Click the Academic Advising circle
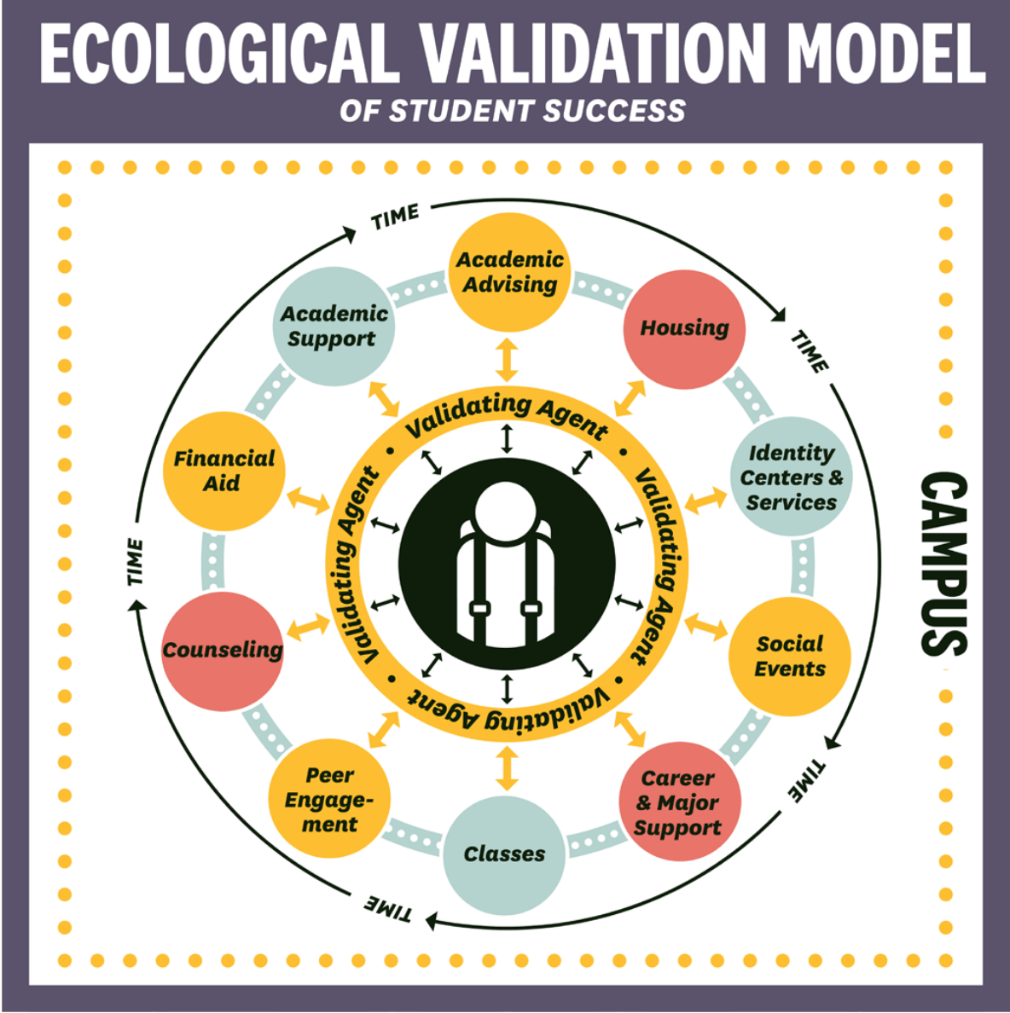509,273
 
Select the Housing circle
684,329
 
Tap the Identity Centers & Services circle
791,477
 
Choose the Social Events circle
790,657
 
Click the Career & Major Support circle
679,802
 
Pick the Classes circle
504,854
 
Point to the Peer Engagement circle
329,798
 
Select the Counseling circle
223,651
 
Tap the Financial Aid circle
223,471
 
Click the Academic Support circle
334,327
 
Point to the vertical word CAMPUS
944,564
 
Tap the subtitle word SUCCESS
614,111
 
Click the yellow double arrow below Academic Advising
507,360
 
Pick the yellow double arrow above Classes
507,768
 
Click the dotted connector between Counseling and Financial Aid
213,561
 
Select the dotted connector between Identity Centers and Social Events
802,566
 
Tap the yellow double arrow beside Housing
630,398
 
